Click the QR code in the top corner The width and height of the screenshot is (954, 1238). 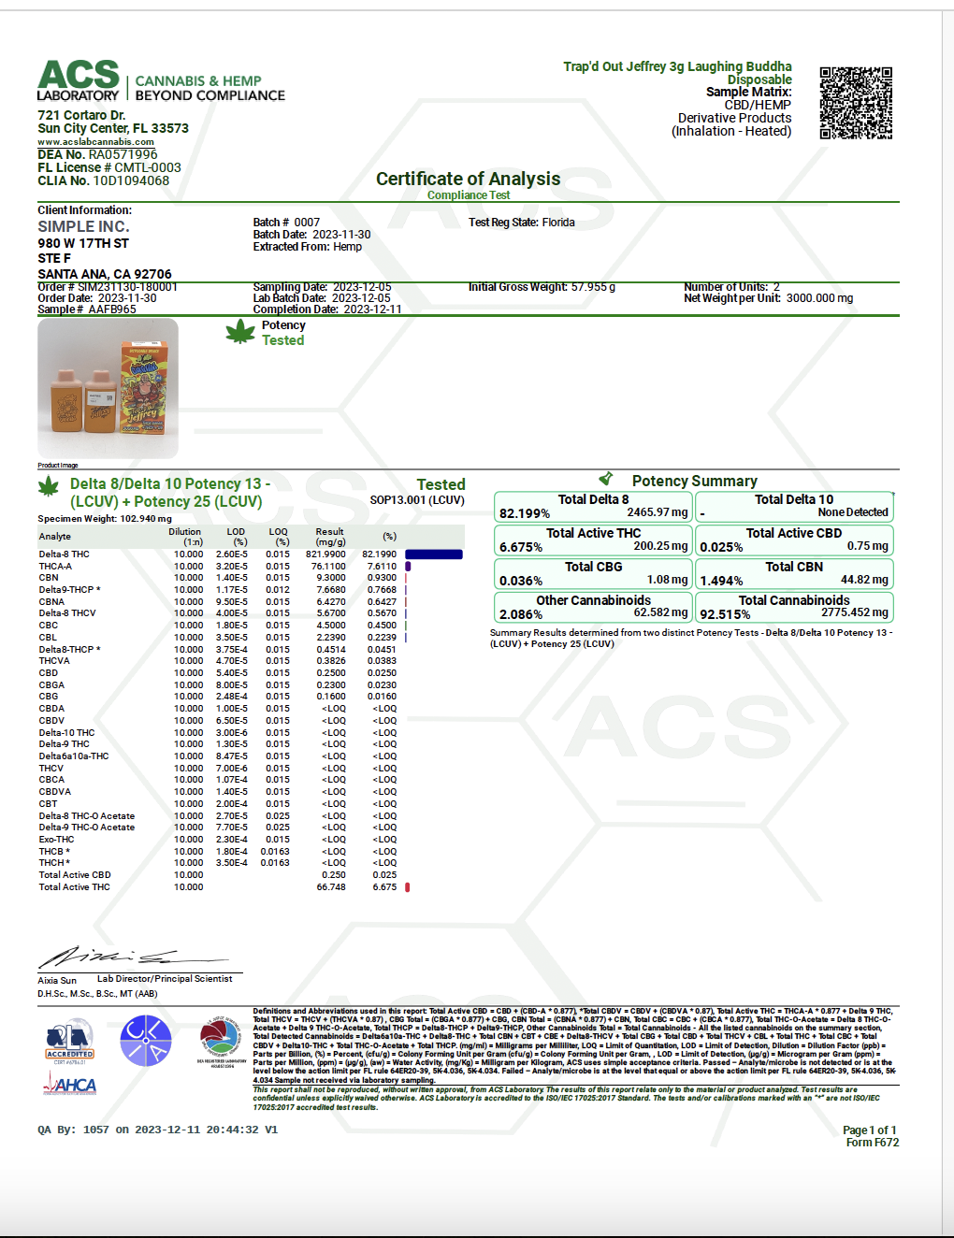click(x=856, y=103)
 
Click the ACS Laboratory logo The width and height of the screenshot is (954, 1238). click(x=79, y=80)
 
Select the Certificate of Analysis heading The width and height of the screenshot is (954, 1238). click(x=468, y=179)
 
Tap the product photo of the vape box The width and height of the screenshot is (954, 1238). click(x=108, y=388)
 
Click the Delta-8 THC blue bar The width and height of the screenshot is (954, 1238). click(x=434, y=554)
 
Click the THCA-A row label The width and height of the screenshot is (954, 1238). click(x=55, y=567)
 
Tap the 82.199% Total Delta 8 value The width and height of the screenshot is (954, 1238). click(x=525, y=513)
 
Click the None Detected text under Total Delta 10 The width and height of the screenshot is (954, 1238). click(x=853, y=512)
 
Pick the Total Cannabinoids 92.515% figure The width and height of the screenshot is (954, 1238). click(x=725, y=614)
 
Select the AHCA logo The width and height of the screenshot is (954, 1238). click(x=70, y=1085)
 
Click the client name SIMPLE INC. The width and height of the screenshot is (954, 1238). click(x=83, y=226)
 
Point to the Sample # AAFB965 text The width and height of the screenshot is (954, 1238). click(x=87, y=309)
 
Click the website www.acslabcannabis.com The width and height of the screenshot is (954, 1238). click(x=95, y=142)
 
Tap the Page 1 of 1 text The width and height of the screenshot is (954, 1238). click(x=869, y=1130)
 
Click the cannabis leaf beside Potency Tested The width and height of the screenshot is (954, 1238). click(x=240, y=332)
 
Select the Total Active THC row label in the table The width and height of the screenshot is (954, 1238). click(x=75, y=887)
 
